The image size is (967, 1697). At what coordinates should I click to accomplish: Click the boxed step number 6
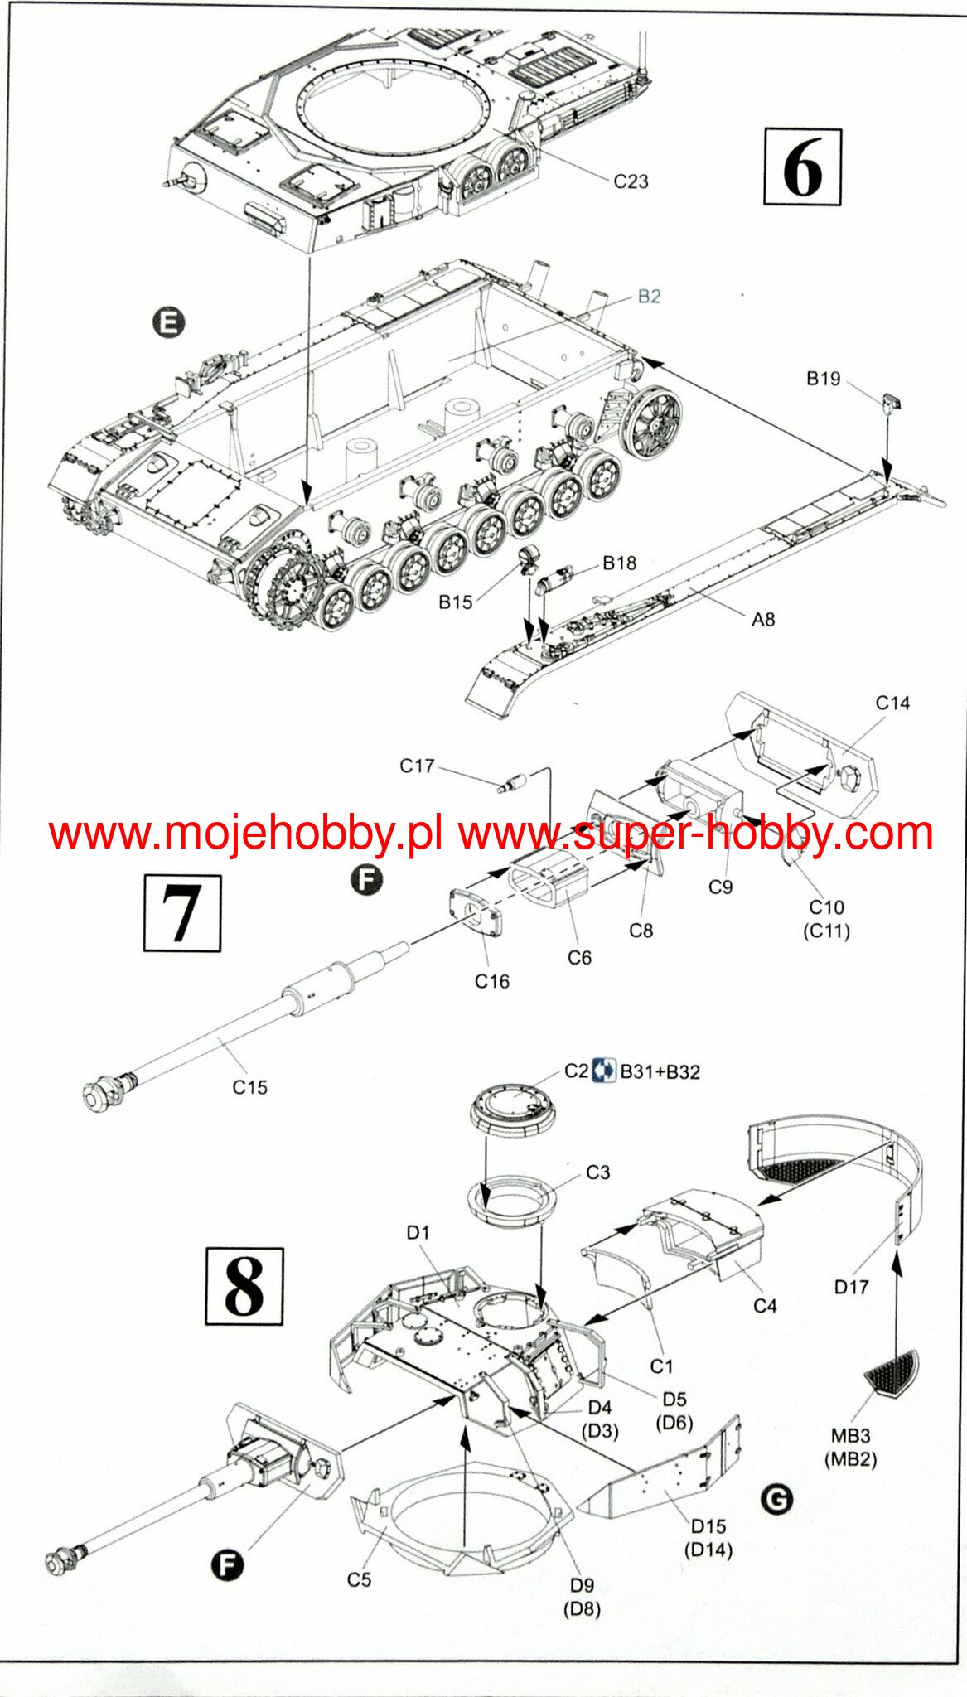[802, 167]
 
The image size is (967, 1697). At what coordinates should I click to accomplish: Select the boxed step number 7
[182, 912]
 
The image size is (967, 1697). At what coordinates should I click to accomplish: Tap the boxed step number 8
[244, 1286]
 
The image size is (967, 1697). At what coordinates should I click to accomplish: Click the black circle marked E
[169, 322]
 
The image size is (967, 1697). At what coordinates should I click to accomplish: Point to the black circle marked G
[776, 1498]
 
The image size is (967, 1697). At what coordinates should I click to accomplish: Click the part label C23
[631, 181]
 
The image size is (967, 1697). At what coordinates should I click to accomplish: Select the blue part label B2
[649, 297]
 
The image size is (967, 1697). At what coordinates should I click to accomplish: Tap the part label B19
[823, 379]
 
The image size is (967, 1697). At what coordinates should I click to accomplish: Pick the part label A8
[763, 619]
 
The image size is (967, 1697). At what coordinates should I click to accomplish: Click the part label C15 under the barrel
[249, 1087]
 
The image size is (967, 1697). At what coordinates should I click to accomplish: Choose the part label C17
[417, 766]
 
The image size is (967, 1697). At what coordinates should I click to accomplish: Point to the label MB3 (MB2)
[850, 1448]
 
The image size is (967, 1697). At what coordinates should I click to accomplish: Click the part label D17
[851, 1287]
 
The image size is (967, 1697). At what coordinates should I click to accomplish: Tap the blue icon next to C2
[605, 1070]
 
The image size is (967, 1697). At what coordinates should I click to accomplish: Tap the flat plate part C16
[476, 912]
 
